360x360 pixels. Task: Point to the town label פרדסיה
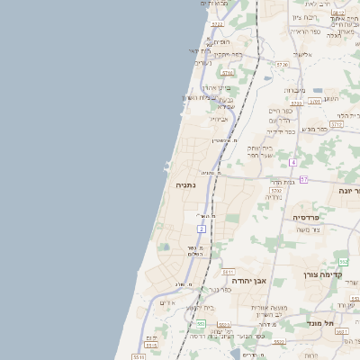pos(312,217)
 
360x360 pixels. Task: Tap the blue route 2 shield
pos(202,229)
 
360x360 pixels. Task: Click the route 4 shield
pos(293,162)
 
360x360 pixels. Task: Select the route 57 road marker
pos(304,180)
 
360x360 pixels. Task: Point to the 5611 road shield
pos(228,271)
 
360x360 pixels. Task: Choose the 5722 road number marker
pos(216,24)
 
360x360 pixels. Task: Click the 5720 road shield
pos(282,65)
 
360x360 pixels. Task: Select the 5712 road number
pos(276,192)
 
